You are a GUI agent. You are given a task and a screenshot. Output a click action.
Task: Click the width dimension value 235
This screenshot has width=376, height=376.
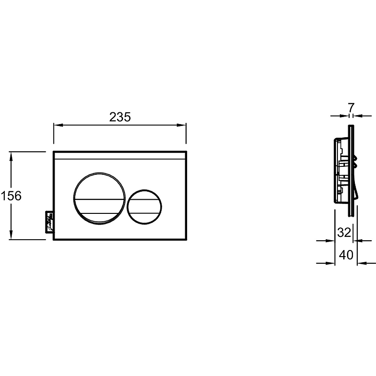[119, 117]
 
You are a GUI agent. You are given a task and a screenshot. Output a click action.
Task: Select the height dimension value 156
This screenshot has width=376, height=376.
[11, 196]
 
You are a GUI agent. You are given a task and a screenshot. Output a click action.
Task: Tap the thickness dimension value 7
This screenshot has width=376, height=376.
[351, 107]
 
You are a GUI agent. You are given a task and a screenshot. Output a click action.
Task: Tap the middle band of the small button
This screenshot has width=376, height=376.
[144, 207]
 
